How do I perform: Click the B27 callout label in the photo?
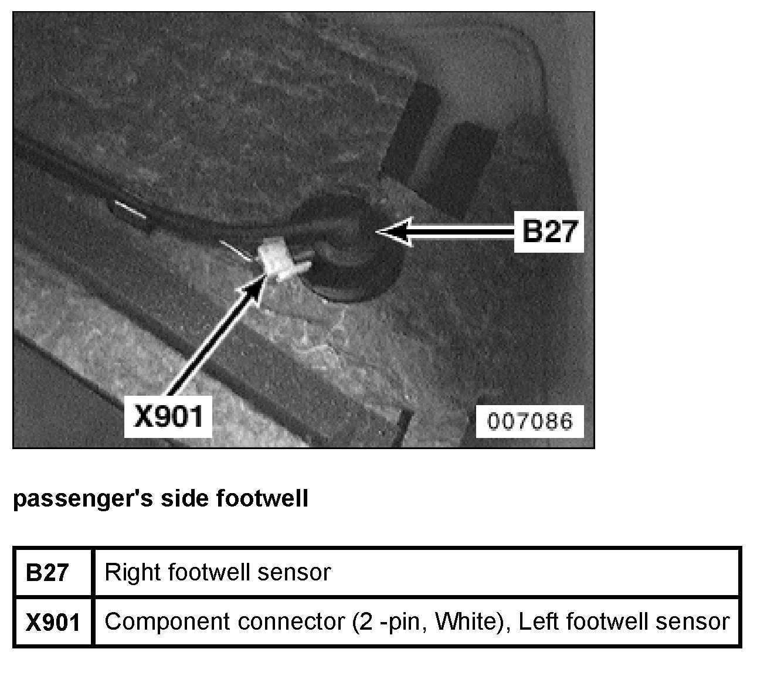point(549,232)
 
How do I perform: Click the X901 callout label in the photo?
point(168,416)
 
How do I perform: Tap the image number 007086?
point(529,421)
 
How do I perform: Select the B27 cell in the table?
point(47,572)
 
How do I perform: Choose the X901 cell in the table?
point(53,622)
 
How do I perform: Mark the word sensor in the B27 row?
point(296,572)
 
